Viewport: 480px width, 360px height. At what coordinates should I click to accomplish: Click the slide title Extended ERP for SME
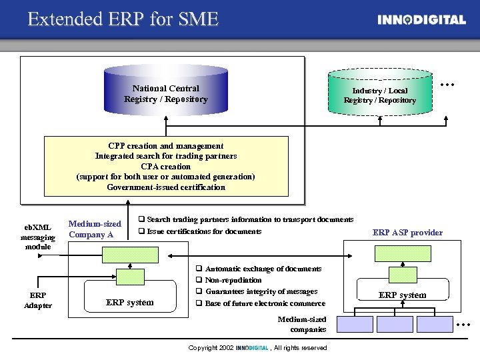click(123, 19)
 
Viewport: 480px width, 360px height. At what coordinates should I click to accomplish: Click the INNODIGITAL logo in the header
click(421, 20)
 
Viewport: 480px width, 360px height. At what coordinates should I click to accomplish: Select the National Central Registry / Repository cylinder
click(166, 94)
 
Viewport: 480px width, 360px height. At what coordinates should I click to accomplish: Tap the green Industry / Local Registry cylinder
click(379, 95)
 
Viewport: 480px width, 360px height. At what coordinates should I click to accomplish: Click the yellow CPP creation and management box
click(166, 167)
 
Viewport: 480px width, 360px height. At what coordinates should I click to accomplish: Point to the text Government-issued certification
click(166, 187)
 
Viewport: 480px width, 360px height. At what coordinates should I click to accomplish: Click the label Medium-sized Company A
click(95, 229)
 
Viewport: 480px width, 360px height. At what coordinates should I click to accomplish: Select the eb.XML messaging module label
click(37, 237)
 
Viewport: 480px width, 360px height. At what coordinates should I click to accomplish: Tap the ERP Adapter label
click(37, 300)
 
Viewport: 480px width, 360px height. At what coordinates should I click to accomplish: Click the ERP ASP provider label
click(407, 233)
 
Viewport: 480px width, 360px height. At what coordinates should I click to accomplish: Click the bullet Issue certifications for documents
click(203, 231)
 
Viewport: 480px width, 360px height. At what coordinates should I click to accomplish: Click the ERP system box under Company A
click(130, 302)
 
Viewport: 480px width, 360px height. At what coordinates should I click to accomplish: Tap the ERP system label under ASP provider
click(403, 295)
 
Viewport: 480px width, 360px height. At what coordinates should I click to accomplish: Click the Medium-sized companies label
click(302, 324)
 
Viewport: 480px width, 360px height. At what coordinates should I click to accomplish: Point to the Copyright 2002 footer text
click(257, 348)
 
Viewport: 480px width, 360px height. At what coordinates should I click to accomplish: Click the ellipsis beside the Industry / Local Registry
click(447, 85)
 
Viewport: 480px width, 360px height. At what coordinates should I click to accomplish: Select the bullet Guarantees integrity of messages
click(261, 292)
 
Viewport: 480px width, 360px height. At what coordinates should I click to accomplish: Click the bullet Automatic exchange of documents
click(263, 269)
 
